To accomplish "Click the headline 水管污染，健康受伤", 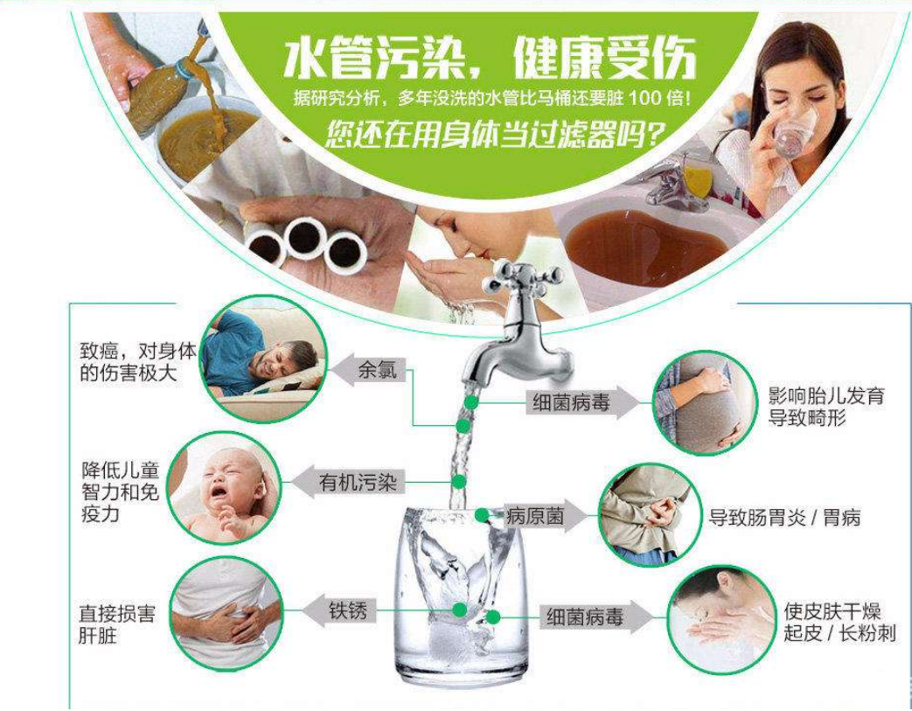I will pos(490,59).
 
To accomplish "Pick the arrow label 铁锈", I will pos(347,609).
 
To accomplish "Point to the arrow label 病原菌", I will pos(534,517).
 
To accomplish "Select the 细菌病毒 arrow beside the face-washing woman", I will pos(586,617).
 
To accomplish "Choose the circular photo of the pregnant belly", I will pos(702,402).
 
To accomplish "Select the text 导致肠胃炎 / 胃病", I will pos(784,518).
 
